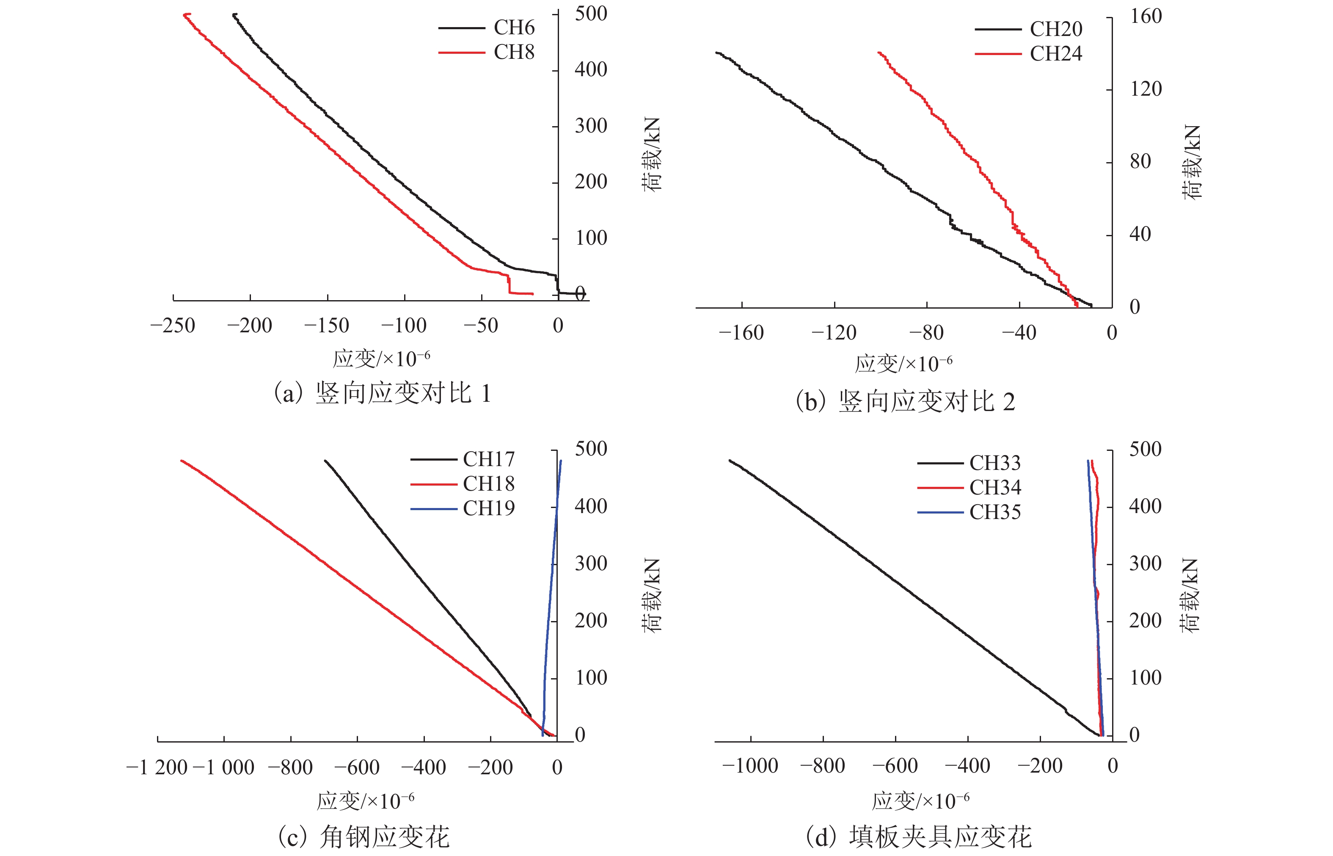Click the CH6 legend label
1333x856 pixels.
point(514,27)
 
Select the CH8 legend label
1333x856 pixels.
point(514,52)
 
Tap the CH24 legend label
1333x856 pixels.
point(1056,54)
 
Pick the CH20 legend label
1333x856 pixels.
point(1056,29)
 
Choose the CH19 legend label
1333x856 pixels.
point(489,508)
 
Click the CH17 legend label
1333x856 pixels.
point(489,459)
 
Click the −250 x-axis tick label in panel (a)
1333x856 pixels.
point(173,326)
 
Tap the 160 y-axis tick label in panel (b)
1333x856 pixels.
point(1146,16)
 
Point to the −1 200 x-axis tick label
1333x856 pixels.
point(157,768)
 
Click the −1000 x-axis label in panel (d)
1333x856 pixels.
point(750,766)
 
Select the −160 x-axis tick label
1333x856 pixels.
point(741,333)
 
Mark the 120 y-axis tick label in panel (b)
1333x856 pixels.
point(1146,89)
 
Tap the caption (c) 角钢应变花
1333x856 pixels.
point(364,837)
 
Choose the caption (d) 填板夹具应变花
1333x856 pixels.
point(918,837)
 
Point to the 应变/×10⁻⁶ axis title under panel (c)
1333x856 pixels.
point(366,801)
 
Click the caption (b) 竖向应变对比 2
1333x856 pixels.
point(906,401)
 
